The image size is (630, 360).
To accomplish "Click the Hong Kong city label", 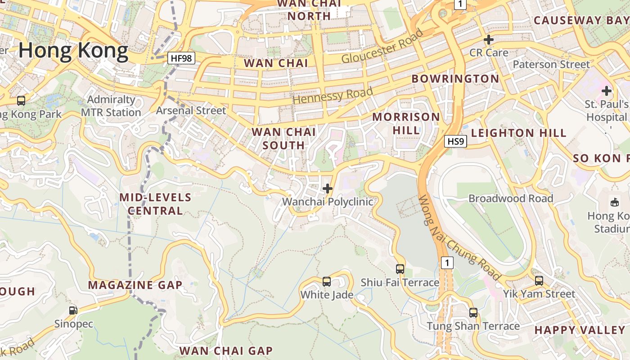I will [73, 51].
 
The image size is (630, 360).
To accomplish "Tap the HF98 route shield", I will [181, 58].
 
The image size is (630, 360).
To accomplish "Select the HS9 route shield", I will [455, 142].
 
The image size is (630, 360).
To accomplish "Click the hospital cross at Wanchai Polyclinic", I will [328, 188].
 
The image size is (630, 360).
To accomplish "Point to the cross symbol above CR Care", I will [488, 40].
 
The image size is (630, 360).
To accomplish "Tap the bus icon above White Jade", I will [327, 282].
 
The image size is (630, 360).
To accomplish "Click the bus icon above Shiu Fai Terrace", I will [400, 269].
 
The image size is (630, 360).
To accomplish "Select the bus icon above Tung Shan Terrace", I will [473, 312].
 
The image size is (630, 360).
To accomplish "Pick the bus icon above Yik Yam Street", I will [539, 281].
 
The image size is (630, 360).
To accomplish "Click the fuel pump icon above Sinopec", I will [73, 310].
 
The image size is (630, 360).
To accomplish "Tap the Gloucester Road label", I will [382, 46].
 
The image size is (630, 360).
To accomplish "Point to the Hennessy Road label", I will [333, 95].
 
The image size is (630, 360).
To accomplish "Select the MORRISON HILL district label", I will [406, 123].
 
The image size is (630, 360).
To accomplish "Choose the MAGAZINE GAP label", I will [135, 285].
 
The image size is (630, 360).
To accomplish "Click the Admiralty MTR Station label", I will [111, 106].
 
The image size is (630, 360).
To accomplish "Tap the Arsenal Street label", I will [191, 110].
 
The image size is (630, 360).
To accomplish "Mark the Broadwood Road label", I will [511, 198].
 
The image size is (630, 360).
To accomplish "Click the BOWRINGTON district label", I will [455, 79].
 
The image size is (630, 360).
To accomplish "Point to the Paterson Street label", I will [551, 64].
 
